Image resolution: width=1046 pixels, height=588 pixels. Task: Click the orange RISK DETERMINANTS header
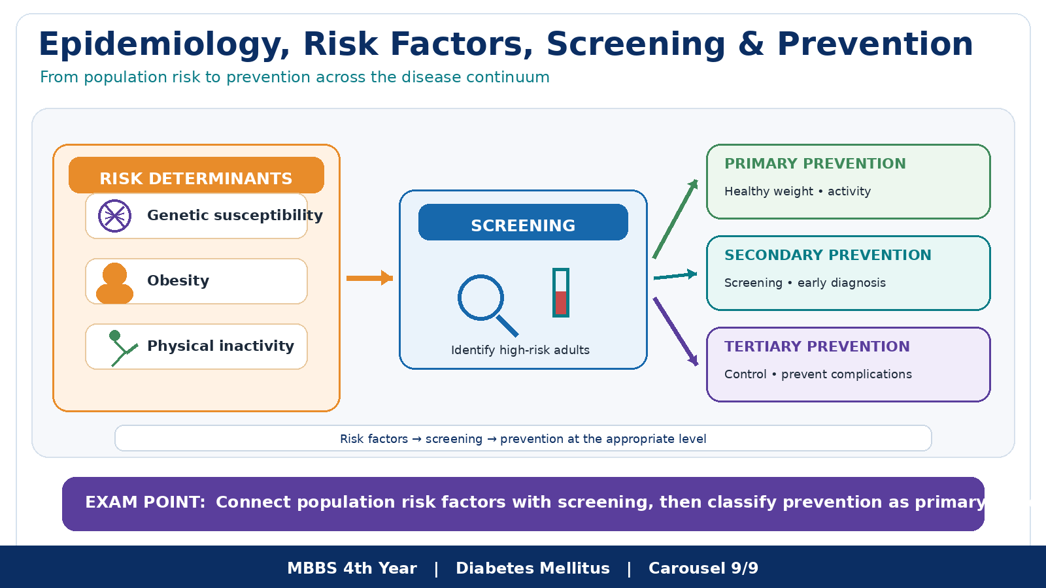pyautogui.click(x=196, y=175)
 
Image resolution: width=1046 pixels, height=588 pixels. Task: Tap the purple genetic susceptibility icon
pyautogui.click(x=114, y=216)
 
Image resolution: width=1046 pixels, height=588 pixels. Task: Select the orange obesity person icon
pyautogui.click(x=114, y=284)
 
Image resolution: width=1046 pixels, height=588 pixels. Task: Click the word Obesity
pyautogui.click(x=178, y=280)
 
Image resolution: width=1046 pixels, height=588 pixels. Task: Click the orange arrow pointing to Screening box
pyautogui.click(x=369, y=278)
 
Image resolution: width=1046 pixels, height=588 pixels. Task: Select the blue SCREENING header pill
pyautogui.click(x=523, y=222)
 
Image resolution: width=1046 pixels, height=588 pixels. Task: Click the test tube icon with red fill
pyautogui.click(x=560, y=293)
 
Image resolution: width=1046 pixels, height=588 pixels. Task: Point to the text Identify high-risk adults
pyautogui.click(x=520, y=350)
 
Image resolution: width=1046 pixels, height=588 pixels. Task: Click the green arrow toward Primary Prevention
pyautogui.click(x=675, y=219)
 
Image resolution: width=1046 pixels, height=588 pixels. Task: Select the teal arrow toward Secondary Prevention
pyautogui.click(x=675, y=276)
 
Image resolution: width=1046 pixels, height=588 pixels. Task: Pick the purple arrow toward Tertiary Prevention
pyautogui.click(x=676, y=332)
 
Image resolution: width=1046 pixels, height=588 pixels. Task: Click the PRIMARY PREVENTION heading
pyautogui.click(x=815, y=164)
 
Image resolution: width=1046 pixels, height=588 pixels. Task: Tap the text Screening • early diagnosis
pyautogui.click(x=805, y=283)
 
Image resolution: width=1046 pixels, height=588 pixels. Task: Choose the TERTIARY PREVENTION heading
pyautogui.click(x=817, y=347)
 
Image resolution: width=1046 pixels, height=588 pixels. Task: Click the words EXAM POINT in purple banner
pyautogui.click(x=145, y=502)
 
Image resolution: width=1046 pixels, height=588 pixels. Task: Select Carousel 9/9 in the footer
pyautogui.click(x=703, y=568)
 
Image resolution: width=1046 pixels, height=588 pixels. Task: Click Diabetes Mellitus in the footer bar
pyautogui.click(x=533, y=568)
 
